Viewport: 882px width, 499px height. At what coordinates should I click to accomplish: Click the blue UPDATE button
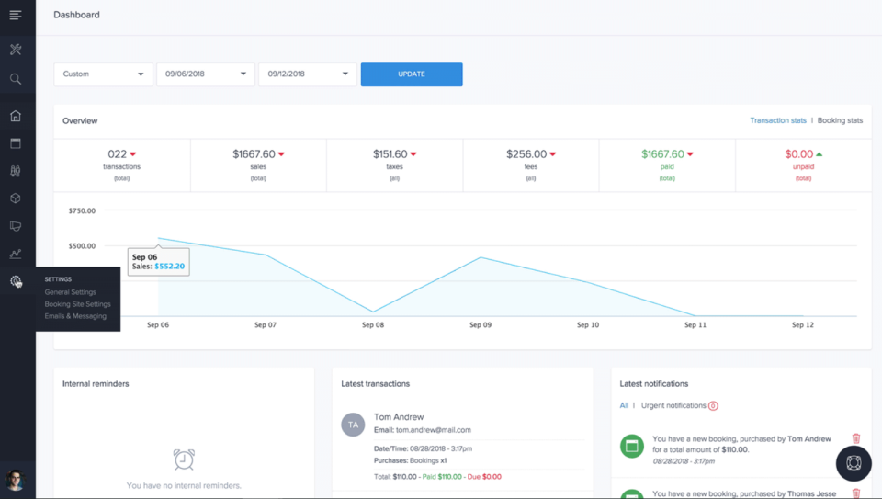411,74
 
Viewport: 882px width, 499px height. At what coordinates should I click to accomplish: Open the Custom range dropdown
103,74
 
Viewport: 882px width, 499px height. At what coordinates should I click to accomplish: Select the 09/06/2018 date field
205,74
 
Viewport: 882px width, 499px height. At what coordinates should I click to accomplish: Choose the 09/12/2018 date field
307,74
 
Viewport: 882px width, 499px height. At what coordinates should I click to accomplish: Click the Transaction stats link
777,120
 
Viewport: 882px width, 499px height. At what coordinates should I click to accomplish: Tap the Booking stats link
840,120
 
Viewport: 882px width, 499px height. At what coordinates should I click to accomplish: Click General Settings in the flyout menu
70,292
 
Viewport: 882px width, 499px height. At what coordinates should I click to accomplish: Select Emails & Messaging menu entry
75,316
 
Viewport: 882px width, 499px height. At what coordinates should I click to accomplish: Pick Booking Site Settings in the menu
77,304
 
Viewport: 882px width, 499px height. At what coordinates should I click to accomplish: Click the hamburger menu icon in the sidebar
16,15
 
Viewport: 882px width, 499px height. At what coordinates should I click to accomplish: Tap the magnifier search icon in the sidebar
16,79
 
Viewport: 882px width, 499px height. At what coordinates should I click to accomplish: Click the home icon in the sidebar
16,116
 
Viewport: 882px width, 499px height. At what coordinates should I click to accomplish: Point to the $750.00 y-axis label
82,210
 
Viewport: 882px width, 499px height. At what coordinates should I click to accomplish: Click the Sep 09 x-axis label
481,325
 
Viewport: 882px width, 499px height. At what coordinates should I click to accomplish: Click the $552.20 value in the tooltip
169,267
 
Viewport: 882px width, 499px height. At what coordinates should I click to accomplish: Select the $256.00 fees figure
526,154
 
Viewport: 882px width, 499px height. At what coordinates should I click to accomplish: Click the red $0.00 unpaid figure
798,154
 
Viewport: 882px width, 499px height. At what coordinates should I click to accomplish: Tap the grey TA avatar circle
353,425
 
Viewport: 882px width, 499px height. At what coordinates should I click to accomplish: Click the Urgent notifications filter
674,405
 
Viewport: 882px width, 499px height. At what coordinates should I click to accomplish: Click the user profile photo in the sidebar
15,480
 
